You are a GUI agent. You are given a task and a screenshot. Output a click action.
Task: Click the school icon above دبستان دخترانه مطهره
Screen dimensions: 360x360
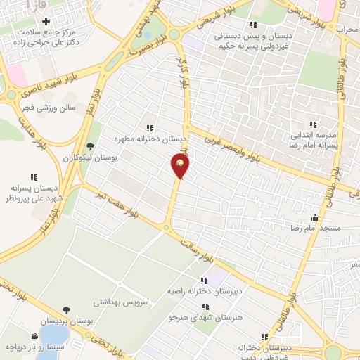(x=150, y=128)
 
